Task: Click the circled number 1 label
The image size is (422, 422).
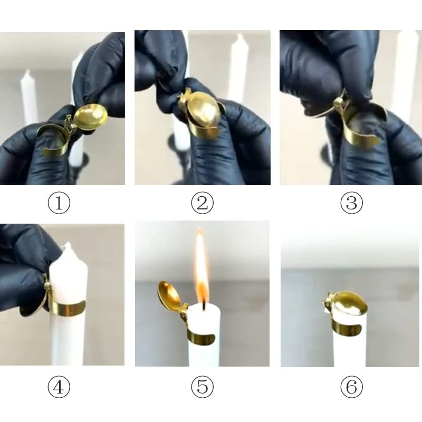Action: coord(59,203)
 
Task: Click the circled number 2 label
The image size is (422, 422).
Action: coord(203,203)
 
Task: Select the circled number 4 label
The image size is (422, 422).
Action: coord(59,388)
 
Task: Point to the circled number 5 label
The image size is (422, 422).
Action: coord(203,388)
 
